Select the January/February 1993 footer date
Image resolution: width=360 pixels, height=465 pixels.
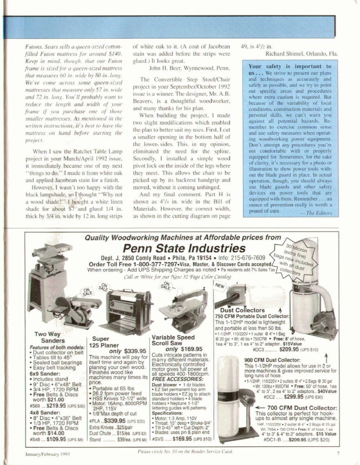[41, 454]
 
